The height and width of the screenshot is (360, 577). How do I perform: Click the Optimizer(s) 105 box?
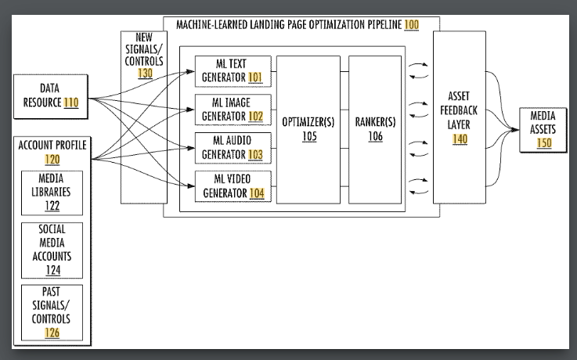308,129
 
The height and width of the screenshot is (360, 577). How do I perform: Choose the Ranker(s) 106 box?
379,129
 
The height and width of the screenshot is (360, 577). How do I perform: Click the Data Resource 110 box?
51,95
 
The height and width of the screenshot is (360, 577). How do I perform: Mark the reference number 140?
459,139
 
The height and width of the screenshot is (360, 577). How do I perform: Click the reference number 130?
145,73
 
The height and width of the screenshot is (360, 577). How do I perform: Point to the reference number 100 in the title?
411,25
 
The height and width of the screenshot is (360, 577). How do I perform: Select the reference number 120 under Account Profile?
52,159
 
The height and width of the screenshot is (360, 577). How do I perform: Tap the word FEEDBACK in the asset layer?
459,110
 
